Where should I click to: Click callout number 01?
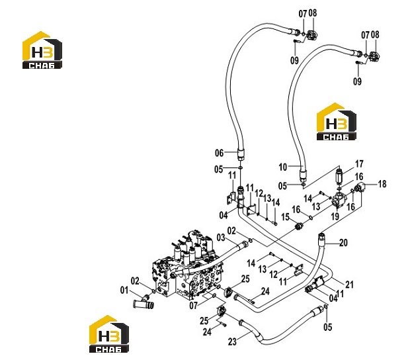(124, 290)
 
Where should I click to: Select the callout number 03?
(221, 238)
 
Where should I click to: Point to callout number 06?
(220, 153)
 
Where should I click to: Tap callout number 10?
(283, 167)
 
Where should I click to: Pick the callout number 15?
(285, 217)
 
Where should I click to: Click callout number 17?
(359, 164)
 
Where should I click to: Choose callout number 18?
(382, 184)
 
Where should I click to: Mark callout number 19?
(335, 216)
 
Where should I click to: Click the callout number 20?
(343, 243)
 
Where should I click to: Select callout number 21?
(349, 285)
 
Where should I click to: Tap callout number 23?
(232, 341)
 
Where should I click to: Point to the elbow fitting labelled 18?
(359, 188)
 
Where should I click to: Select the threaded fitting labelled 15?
(298, 226)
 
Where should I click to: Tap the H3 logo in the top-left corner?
(42, 50)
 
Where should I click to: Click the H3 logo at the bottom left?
(109, 334)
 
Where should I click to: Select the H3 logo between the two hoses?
(337, 122)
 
